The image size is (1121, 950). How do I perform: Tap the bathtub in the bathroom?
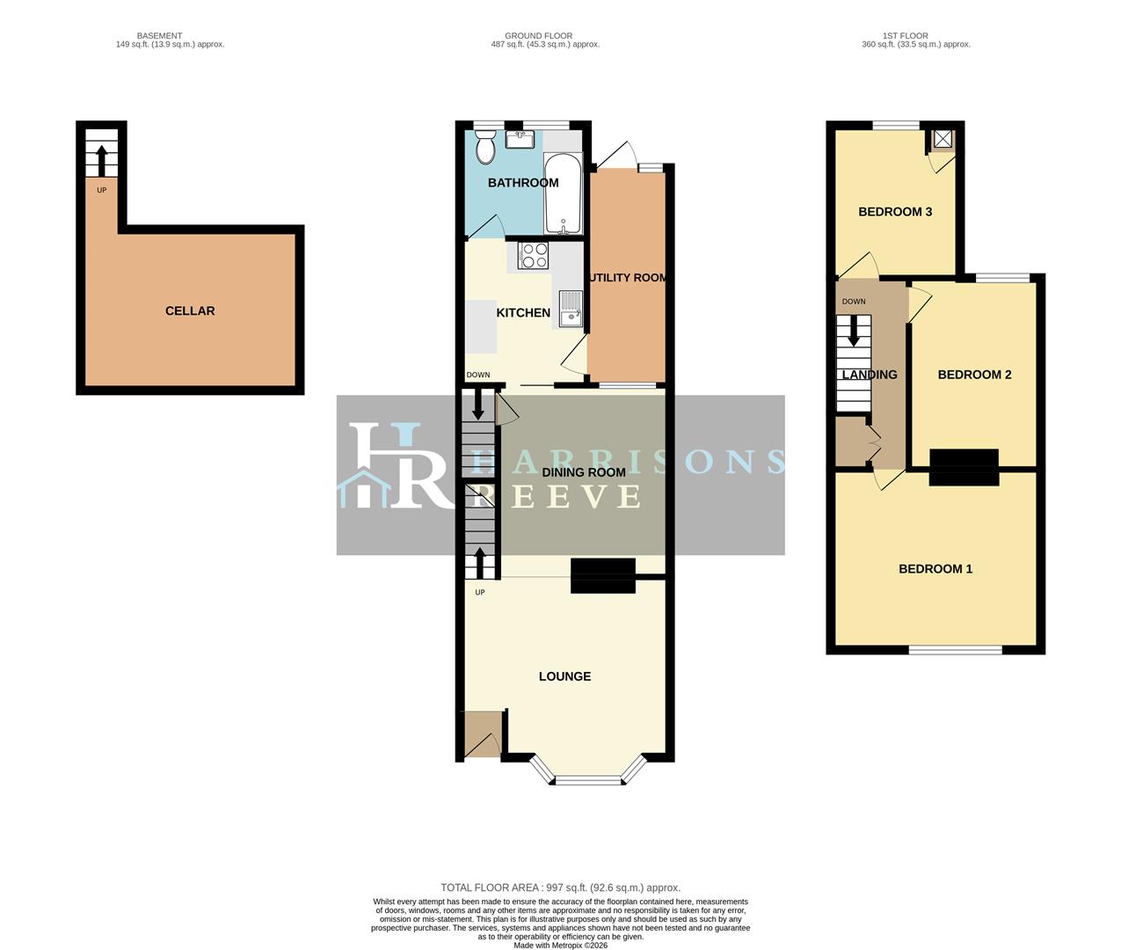tap(563, 193)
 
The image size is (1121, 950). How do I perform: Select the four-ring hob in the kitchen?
tap(534, 255)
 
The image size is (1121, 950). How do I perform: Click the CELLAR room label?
tap(190, 311)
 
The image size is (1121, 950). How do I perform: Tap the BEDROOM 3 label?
tap(895, 211)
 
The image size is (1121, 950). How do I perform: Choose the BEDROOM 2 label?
tap(974, 374)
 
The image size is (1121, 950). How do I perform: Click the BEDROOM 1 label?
tap(935, 568)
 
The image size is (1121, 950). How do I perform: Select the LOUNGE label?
tap(564, 676)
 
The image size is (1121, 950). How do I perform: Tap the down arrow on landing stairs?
tap(853, 331)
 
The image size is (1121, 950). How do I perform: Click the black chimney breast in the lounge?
tap(603, 575)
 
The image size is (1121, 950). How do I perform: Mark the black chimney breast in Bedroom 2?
tap(964, 466)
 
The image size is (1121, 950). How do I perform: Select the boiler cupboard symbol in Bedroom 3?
tap(943, 139)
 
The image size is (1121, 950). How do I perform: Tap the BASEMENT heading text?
tap(159, 36)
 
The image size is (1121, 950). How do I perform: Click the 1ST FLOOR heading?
tap(906, 36)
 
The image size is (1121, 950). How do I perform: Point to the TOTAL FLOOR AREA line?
tap(560, 888)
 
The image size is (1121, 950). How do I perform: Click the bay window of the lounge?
tap(587, 778)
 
